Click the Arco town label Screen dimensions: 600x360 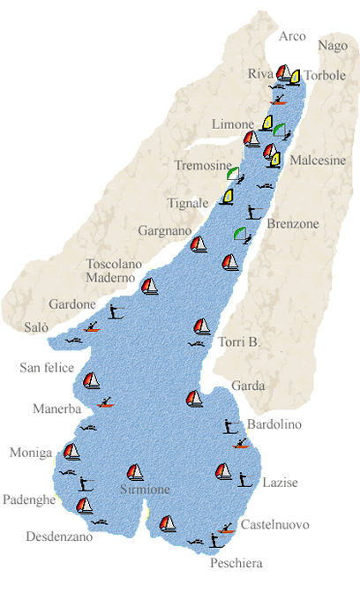[x=292, y=36]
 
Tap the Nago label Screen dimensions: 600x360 [x=333, y=46]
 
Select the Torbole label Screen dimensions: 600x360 [x=325, y=77]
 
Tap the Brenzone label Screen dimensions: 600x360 [x=293, y=224]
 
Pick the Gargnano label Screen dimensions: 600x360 [x=164, y=231]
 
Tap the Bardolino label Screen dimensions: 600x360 [x=274, y=424]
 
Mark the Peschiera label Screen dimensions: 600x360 [x=236, y=562]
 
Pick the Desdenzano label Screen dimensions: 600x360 [x=59, y=536]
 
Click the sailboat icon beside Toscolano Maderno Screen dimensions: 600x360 [x=151, y=286]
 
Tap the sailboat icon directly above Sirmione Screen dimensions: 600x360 [x=136, y=472]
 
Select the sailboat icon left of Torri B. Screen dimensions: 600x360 [x=202, y=326]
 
